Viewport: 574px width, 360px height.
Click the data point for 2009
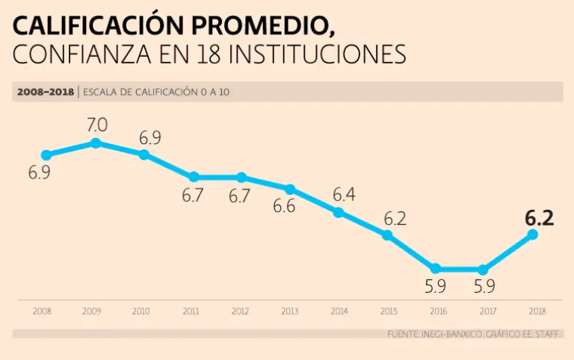tap(95, 143)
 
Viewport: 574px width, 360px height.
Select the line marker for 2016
tap(435, 269)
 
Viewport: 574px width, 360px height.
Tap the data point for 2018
tap(533, 235)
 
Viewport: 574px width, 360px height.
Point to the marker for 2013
tap(290, 189)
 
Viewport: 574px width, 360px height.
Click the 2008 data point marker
tap(46, 155)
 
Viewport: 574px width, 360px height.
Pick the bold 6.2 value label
tap(538, 218)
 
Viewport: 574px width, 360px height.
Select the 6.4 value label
tap(343, 195)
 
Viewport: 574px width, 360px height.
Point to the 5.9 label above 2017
tap(484, 286)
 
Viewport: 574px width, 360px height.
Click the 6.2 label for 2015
tap(395, 219)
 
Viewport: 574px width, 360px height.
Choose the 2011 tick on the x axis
tap(191, 311)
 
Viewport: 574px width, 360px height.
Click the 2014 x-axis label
tap(339, 311)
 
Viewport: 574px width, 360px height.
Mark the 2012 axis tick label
tap(240, 311)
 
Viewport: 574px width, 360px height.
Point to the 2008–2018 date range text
tap(43, 93)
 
